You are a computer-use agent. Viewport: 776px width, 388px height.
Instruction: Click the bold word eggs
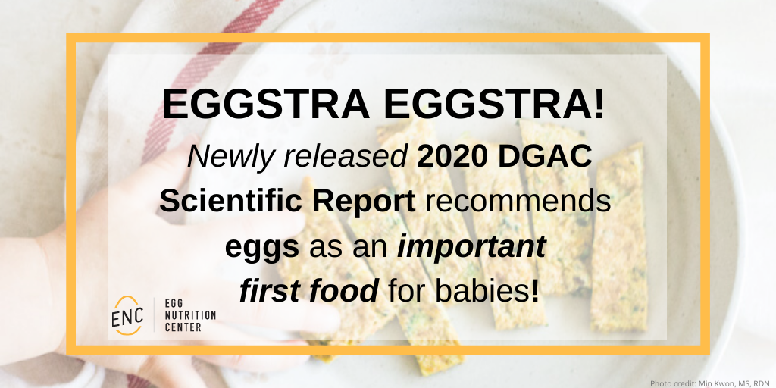click(x=261, y=246)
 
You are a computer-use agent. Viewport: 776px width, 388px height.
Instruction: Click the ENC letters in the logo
click(x=125, y=314)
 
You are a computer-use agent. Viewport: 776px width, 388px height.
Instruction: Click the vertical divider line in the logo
click(x=154, y=314)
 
